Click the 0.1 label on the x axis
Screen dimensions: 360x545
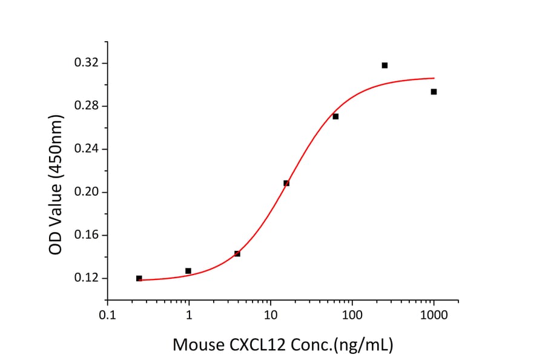107,316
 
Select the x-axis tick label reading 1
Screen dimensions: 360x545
189,316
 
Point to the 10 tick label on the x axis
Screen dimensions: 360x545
271,316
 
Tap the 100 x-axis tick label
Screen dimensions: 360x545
352,316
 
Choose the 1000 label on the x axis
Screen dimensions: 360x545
434,316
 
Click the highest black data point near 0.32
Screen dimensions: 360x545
385,65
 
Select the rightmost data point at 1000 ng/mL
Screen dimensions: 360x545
434,92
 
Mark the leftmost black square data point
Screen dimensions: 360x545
139,278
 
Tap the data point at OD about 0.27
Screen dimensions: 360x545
335,116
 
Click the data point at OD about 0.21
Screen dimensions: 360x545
286,183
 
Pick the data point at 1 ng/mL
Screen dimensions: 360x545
188,271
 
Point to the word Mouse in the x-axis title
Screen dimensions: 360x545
196,345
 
